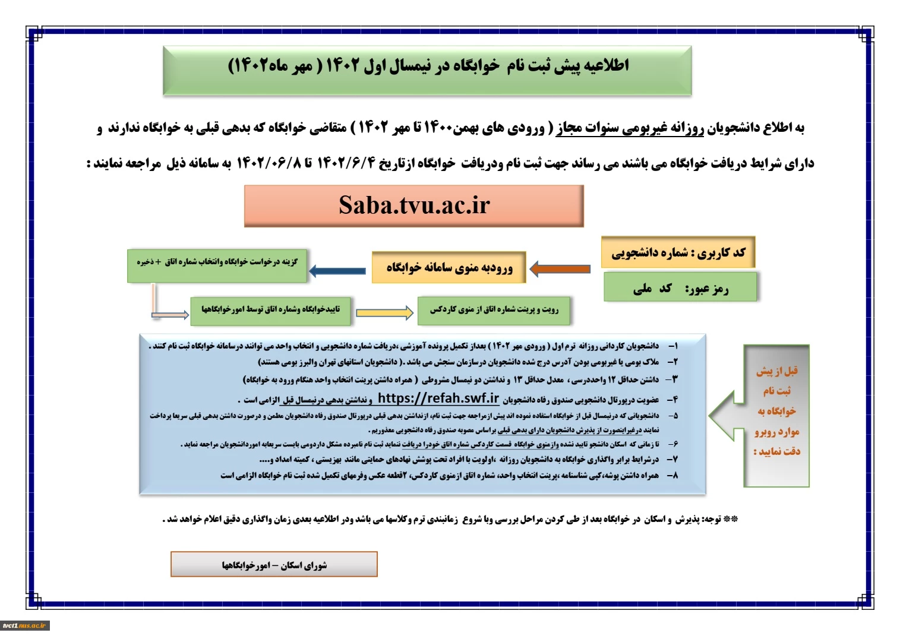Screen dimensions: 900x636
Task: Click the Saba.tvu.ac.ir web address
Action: coord(414,205)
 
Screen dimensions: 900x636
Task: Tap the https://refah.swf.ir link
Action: coord(438,398)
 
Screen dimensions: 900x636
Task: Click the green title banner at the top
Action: coord(427,71)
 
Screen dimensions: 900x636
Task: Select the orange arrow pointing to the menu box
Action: coord(560,269)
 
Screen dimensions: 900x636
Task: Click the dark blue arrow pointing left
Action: coord(337,271)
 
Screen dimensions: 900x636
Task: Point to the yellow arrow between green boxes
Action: coord(384,313)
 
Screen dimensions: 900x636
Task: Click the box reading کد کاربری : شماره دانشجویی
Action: coord(678,252)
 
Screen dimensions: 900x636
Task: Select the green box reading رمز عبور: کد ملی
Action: coord(680,287)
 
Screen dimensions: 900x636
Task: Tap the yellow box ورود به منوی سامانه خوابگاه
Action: coord(449,267)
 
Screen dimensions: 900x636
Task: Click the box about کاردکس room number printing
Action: coord(494,311)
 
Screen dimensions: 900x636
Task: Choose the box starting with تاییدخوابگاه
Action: coord(270,311)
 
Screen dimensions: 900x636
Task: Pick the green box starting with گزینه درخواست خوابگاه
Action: coord(217,266)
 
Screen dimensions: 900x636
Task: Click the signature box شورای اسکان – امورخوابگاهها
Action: coord(274,564)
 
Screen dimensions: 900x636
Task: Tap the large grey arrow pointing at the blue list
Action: coord(759,416)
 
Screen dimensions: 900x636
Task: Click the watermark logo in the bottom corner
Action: coord(25,625)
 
